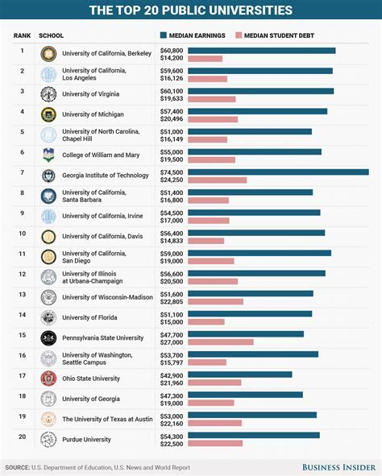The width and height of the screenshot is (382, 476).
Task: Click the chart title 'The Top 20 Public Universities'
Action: [191, 10]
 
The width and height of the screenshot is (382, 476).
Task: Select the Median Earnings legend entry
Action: [193, 36]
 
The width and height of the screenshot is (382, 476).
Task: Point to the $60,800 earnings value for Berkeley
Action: [172, 50]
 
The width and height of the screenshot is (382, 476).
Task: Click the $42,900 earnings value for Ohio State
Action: [172, 375]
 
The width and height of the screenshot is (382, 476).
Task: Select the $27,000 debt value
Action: [172, 342]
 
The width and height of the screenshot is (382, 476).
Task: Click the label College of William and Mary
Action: [100, 155]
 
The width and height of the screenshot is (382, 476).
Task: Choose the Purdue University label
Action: [86, 440]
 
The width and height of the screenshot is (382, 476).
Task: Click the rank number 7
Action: [23, 172]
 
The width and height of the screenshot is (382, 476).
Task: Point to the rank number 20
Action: [23, 437]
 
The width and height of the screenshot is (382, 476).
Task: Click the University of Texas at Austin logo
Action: [49, 419]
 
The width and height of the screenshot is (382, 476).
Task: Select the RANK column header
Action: [23, 36]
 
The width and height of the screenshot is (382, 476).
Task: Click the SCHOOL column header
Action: [51, 36]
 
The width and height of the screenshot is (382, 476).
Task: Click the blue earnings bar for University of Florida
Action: [249, 313]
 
